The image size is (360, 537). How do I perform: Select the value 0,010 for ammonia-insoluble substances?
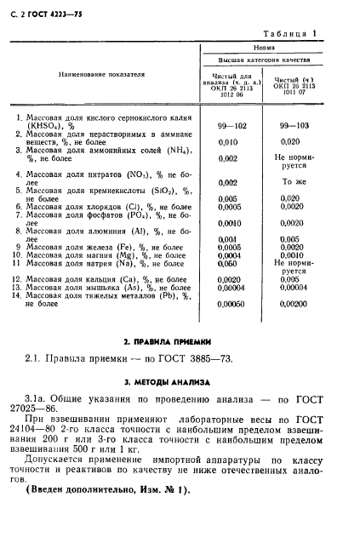(227, 141)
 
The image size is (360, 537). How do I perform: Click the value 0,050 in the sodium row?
(227, 264)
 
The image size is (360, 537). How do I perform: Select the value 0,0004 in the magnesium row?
(228, 255)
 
